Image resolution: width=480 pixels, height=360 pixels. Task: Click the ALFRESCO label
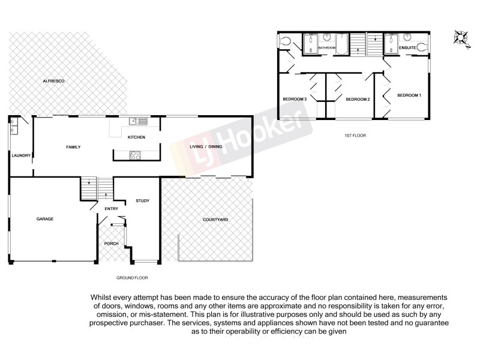click(x=53, y=80)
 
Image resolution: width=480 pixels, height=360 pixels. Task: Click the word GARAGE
click(x=45, y=219)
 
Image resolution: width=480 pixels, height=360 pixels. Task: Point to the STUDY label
click(x=142, y=200)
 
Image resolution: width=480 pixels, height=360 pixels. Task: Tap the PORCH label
click(x=111, y=243)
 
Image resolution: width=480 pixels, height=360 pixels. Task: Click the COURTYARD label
click(x=214, y=220)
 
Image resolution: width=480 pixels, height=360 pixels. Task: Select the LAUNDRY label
click(x=21, y=156)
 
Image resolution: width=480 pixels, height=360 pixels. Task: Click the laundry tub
click(x=13, y=126)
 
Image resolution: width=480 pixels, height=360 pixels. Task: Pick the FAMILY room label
click(x=73, y=147)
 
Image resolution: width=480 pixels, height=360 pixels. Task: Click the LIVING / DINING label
click(x=206, y=146)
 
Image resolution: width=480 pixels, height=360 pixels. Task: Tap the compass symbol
click(x=460, y=37)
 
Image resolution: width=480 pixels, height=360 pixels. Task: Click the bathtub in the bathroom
click(x=343, y=45)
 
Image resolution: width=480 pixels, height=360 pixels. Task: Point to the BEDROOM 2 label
click(x=358, y=99)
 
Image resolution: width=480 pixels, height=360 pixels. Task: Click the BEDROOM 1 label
click(x=409, y=95)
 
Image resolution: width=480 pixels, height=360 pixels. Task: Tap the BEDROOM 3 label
click(x=295, y=99)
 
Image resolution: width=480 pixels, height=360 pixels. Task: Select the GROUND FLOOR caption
click(x=132, y=278)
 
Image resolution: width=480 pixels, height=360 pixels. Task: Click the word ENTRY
click(x=112, y=209)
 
